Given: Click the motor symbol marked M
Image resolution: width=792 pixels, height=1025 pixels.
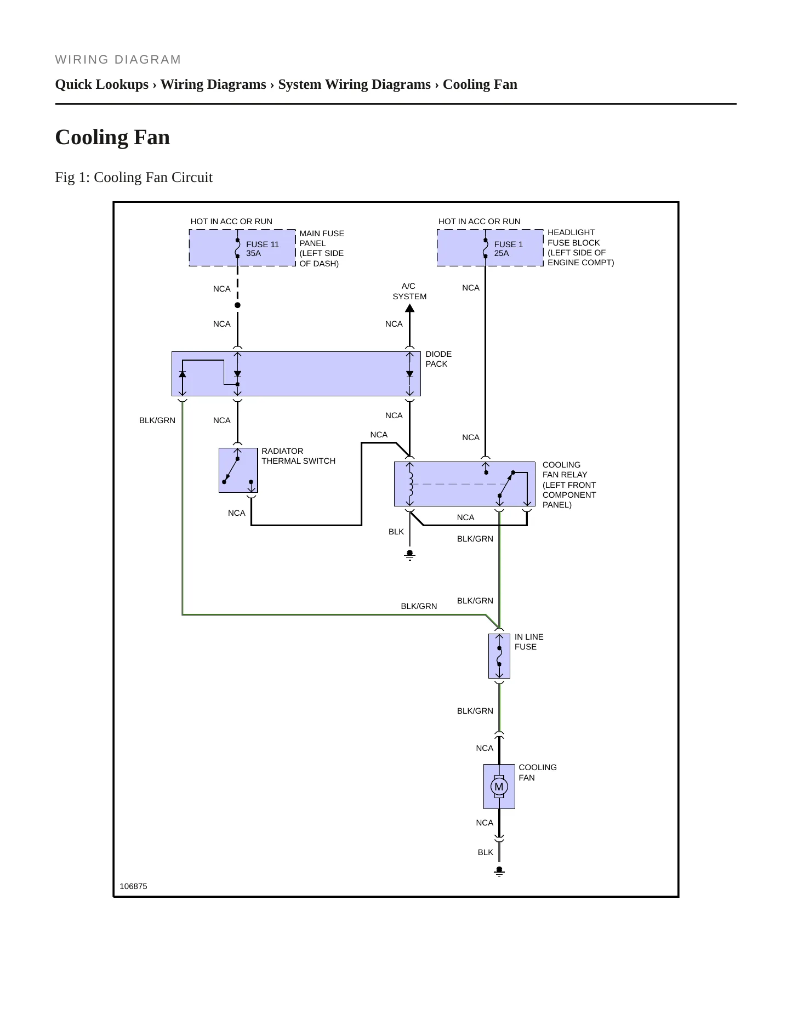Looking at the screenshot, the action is tap(499, 787).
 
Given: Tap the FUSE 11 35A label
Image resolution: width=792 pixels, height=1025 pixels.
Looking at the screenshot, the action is tap(262, 249).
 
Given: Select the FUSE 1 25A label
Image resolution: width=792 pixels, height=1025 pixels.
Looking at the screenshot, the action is tap(508, 249).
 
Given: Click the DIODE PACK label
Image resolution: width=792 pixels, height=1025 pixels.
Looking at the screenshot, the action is tap(438, 359).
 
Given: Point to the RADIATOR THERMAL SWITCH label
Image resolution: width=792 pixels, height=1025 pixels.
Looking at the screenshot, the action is tap(298, 456).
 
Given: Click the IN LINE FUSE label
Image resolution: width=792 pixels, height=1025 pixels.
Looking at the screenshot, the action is tap(529, 642).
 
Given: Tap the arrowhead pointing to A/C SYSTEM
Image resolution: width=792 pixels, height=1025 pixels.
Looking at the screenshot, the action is tap(409, 307).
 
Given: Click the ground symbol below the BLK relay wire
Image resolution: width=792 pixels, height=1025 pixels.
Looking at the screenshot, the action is tap(409, 555).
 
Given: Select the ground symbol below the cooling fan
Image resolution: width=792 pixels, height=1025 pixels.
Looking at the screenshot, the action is tap(499, 871).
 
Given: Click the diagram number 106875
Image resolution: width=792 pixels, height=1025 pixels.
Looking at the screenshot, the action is tap(133, 886).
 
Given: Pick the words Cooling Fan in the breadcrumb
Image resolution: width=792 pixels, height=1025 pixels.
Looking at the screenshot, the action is tap(480, 84).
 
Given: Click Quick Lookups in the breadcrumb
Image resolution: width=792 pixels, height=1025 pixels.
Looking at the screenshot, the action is tap(102, 84).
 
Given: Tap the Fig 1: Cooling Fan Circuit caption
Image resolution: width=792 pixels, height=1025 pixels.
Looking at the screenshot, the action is tap(134, 177).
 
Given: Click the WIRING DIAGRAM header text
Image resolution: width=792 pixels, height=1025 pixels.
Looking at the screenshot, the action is tap(118, 60).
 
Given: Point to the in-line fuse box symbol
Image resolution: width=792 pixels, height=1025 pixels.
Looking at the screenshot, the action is tap(499, 656).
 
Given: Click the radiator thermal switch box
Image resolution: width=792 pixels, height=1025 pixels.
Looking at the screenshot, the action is tap(238, 470).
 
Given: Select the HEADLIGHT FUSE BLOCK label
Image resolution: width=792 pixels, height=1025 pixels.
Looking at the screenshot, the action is tap(580, 247).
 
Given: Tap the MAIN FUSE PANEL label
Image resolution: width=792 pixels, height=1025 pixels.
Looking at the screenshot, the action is tap(322, 248).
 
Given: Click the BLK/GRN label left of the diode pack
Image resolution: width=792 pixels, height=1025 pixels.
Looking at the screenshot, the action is tap(157, 420).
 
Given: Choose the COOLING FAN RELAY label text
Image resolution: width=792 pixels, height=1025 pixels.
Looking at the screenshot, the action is tap(569, 485).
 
